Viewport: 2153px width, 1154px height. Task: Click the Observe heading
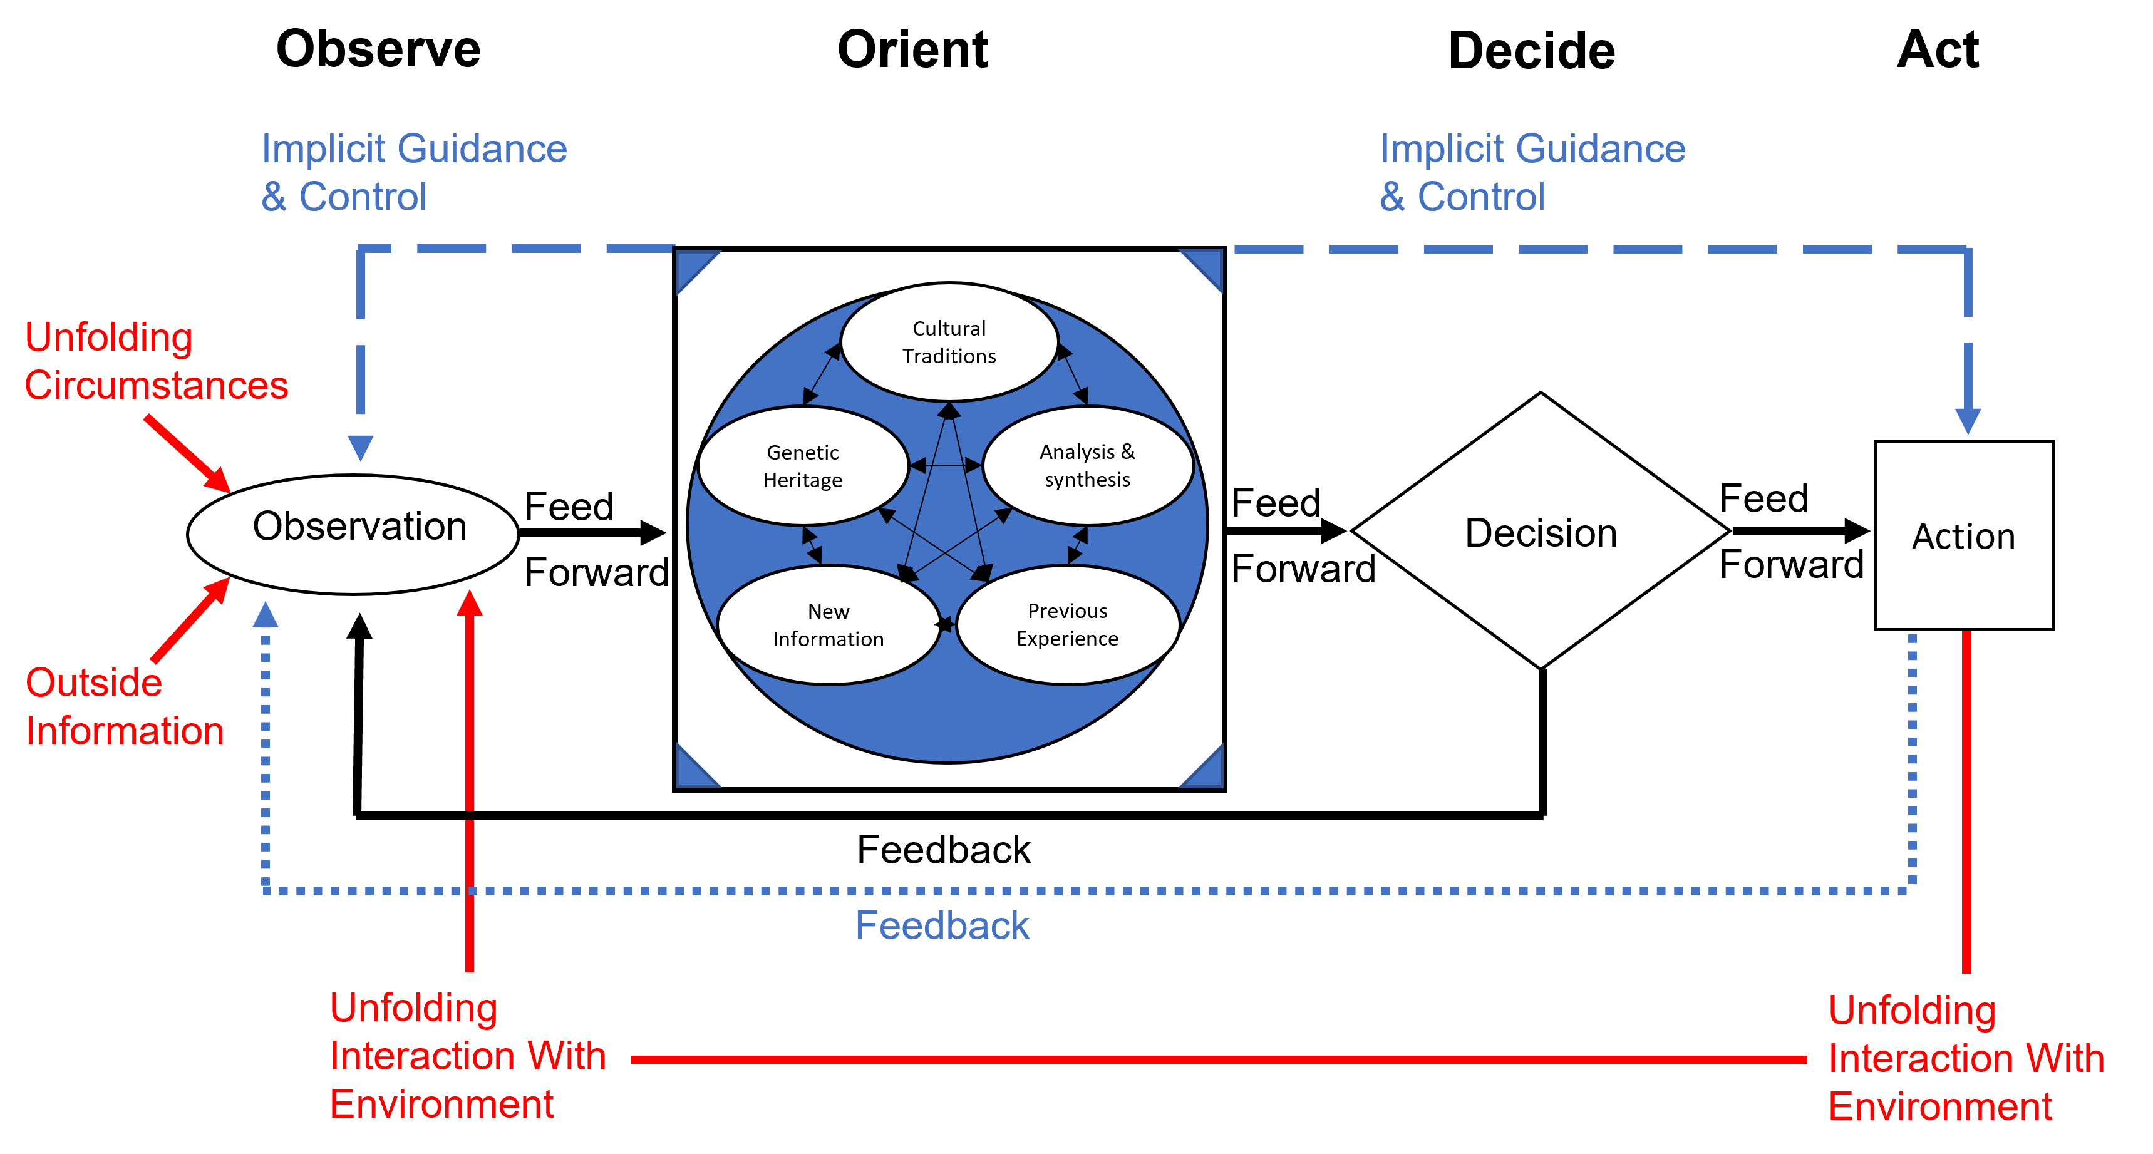[379, 49]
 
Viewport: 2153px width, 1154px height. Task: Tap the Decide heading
[1531, 50]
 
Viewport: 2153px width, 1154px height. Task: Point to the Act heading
[1938, 49]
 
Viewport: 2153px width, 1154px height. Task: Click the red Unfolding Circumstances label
[157, 361]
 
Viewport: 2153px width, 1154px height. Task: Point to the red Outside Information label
[125, 706]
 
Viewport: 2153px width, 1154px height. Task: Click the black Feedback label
[944, 850]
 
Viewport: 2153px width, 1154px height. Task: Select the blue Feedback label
[942, 926]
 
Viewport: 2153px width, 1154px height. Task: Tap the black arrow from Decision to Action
[1802, 530]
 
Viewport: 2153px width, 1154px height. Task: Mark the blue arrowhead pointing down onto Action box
[1968, 420]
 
